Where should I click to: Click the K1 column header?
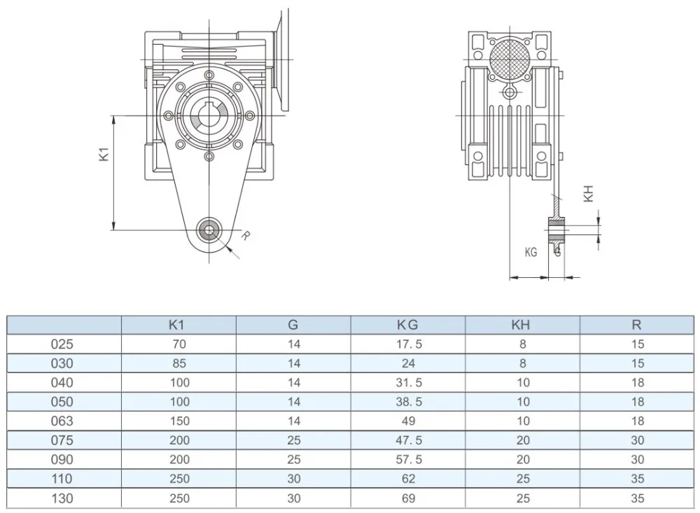[178, 325]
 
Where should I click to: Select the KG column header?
[408, 325]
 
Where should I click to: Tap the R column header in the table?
[636, 325]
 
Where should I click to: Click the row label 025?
[62, 344]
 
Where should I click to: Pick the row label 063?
[62, 421]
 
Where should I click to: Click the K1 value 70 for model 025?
[178, 344]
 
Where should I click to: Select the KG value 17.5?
[408, 344]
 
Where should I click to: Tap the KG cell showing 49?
[408, 421]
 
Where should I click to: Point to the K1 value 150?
[178, 421]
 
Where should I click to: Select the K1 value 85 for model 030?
[178, 363]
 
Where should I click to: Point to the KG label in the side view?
[531, 252]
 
